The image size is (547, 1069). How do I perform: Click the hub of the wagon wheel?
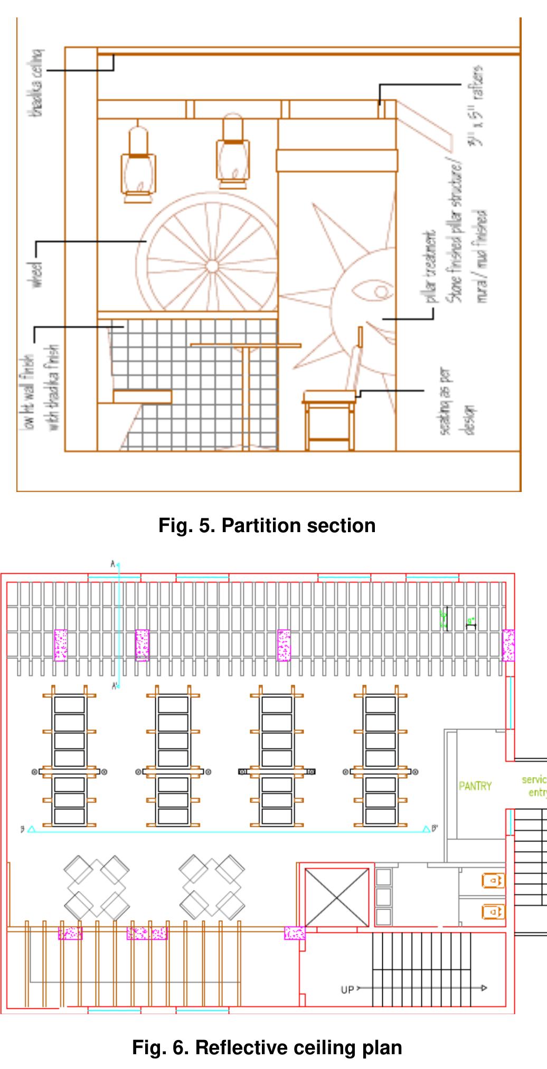click(x=212, y=266)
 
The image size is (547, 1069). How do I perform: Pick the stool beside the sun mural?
click(x=329, y=417)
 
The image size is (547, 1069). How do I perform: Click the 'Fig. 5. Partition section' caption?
click(x=267, y=525)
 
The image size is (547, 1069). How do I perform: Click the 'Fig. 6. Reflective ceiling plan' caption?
click(x=267, y=1047)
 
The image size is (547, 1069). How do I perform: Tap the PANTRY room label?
click(x=475, y=786)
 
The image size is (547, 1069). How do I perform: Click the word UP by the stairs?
click(x=347, y=990)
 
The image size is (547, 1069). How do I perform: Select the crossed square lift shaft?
click(x=337, y=897)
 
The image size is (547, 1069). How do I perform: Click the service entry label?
click(x=533, y=786)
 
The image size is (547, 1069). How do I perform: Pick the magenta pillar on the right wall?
click(x=508, y=645)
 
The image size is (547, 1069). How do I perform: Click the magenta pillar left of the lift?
click(x=294, y=933)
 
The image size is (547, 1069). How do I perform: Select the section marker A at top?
click(x=112, y=564)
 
